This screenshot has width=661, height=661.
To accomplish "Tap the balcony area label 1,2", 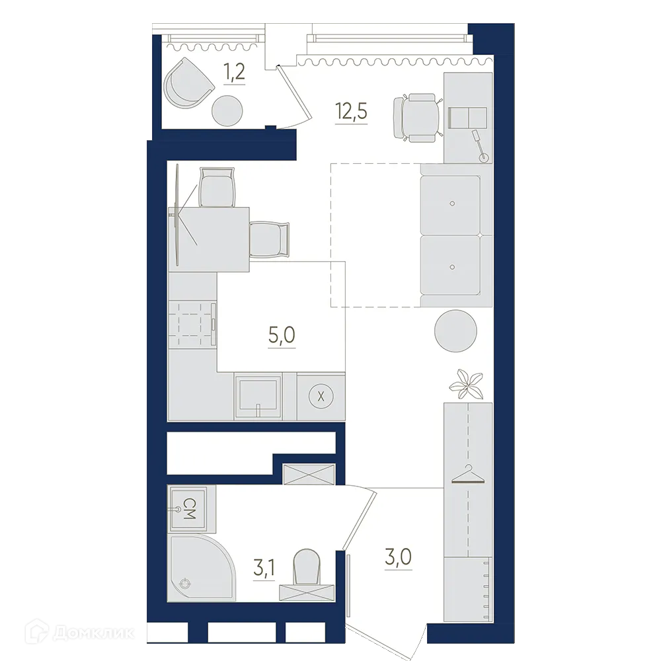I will click(235, 71).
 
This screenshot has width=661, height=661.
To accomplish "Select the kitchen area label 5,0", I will click(282, 335).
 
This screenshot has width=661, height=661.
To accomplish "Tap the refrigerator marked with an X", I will click(321, 397).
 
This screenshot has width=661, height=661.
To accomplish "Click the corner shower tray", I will click(197, 568).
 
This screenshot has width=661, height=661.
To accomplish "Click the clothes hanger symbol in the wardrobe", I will click(467, 475).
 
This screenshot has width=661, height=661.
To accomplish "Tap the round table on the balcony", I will click(227, 110).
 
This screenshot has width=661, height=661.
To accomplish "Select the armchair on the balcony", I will click(188, 83).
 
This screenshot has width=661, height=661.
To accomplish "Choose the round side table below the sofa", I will click(455, 330).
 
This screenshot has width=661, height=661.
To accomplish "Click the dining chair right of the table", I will click(270, 239).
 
